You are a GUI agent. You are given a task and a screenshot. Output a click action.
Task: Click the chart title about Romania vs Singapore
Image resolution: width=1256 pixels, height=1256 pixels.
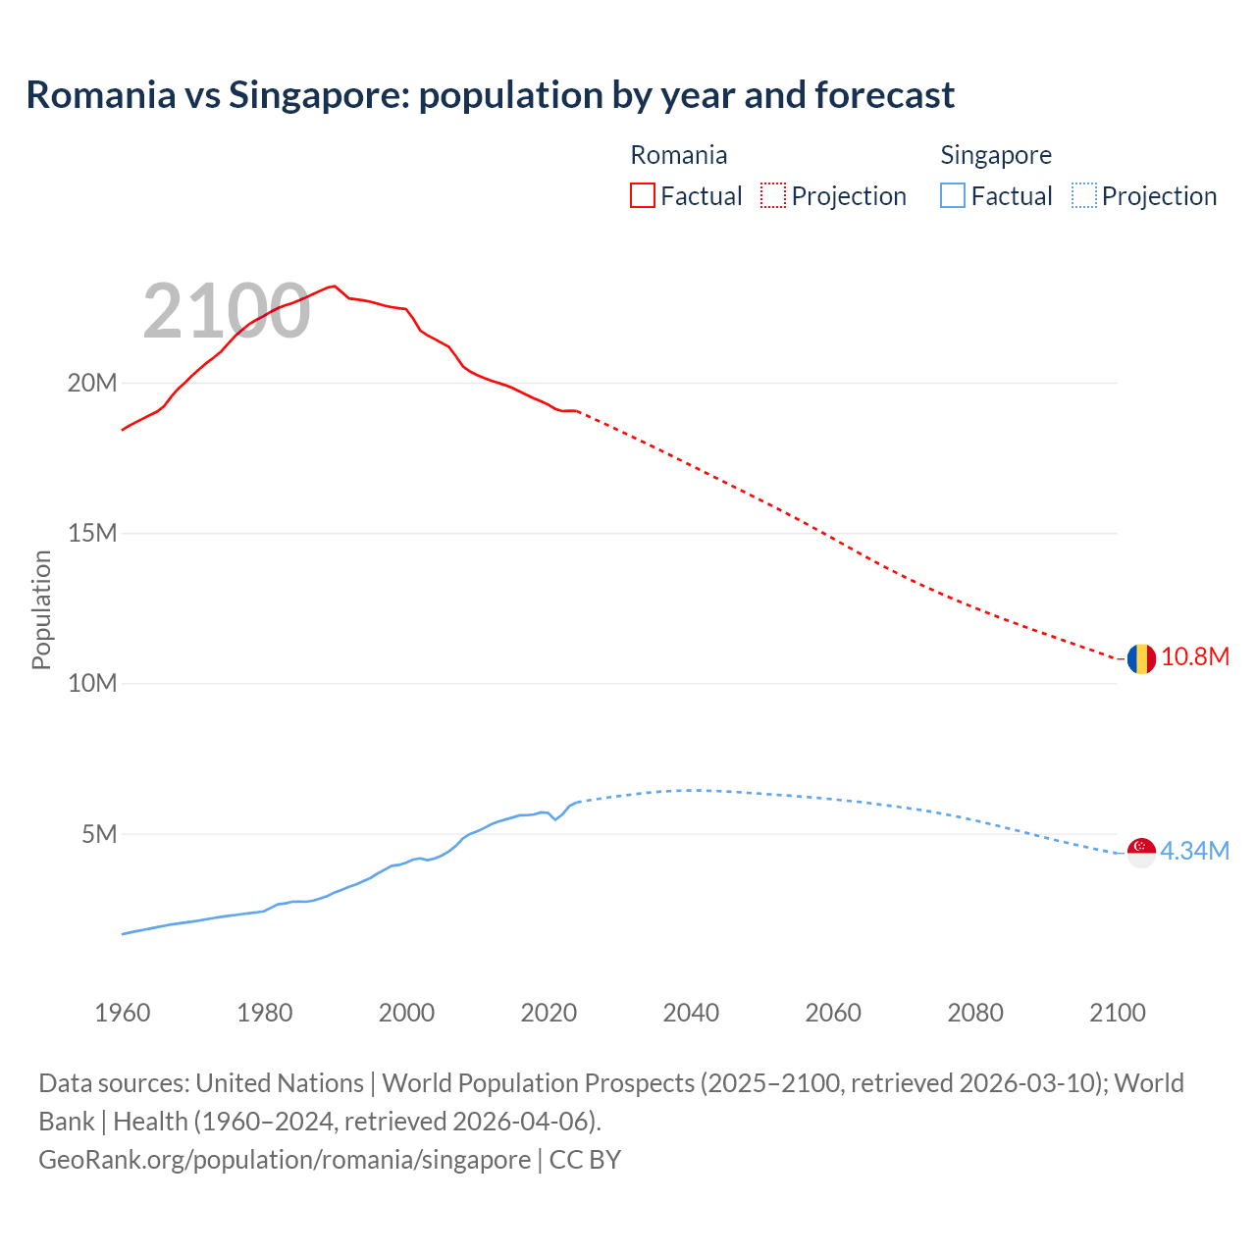click(490, 95)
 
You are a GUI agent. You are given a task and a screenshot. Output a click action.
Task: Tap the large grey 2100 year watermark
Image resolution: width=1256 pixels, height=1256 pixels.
click(227, 312)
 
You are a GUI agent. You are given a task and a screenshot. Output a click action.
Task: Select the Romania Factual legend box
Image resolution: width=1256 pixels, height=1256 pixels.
click(642, 195)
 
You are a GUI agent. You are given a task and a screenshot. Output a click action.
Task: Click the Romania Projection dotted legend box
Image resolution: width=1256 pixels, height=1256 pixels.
click(773, 195)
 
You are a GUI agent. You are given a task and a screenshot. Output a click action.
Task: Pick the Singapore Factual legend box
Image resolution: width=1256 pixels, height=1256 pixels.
click(953, 195)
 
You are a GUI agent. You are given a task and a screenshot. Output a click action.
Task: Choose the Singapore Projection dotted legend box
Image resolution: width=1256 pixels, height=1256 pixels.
click(1084, 195)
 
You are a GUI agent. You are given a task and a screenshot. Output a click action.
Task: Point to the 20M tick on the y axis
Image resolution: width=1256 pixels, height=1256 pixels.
click(92, 383)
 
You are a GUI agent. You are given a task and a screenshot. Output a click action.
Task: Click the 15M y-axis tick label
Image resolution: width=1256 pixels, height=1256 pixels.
click(92, 533)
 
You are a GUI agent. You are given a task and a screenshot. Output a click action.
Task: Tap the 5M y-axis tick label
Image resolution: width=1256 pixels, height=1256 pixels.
click(99, 834)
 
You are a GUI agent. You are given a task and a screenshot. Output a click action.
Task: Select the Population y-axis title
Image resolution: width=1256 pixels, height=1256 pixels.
click(41, 609)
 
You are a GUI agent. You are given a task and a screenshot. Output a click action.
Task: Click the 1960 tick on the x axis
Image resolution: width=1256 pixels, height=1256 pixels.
click(123, 1013)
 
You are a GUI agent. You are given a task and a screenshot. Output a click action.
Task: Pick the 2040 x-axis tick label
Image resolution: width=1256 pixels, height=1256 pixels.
click(691, 1013)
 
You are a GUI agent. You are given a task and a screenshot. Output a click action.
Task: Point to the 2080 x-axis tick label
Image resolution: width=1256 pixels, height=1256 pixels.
click(975, 1013)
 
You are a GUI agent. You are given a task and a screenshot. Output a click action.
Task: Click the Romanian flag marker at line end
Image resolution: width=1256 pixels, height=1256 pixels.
click(1140, 658)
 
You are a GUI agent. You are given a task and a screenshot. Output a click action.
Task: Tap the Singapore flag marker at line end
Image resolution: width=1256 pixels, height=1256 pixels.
click(1140, 852)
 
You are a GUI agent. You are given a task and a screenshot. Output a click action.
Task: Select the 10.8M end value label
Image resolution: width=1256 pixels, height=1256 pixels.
click(1195, 657)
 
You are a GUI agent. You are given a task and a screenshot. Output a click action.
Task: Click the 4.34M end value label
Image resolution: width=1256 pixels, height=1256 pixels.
click(1195, 851)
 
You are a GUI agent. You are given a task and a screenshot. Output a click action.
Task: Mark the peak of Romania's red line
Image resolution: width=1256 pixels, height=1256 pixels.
click(335, 286)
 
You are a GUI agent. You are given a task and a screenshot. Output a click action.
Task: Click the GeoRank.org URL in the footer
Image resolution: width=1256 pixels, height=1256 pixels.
click(285, 1160)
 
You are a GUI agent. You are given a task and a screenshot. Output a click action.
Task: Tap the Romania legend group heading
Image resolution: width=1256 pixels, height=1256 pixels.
click(678, 155)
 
